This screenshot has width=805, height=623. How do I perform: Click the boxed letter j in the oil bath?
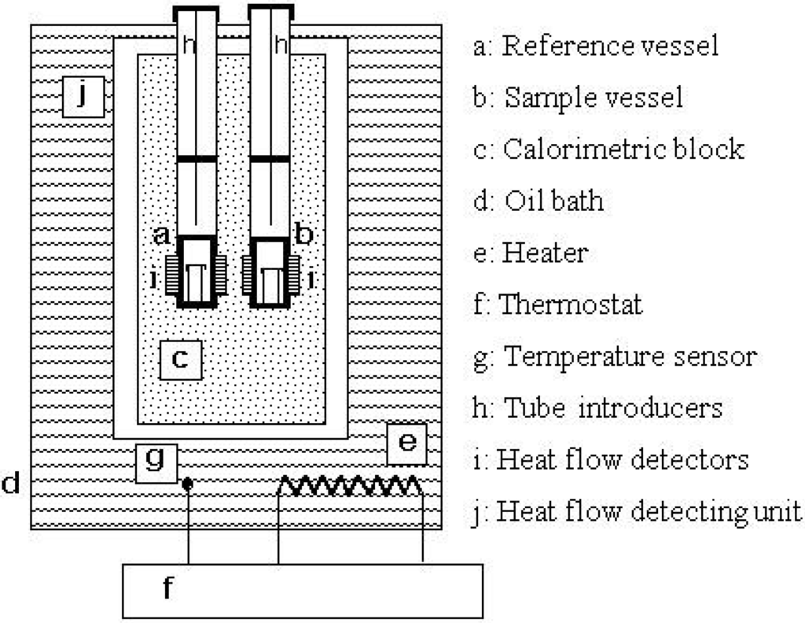(x=83, y=97)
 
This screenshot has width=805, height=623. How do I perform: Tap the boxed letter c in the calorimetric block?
(x=180, y=359)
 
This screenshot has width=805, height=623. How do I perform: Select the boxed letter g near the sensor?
(x=156, y=462)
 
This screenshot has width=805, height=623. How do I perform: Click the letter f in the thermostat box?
(x=167, y=589)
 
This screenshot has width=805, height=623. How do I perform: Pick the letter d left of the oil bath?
(x=10, y=483)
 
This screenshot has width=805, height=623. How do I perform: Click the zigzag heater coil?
(x=350, y=486)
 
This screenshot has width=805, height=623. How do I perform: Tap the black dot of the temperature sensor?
(x=187, y=484)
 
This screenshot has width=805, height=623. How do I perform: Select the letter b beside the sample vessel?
(x=304, y=234)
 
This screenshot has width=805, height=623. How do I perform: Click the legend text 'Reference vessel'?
(x=610, y=46)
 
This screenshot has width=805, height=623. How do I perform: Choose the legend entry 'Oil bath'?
(x=554, y=201)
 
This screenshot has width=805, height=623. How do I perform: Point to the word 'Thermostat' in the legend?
(x=571, y=304)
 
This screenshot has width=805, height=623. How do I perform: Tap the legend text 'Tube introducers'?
(x=612, y=407)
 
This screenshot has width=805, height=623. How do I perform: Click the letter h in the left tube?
(x=189, y=46)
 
